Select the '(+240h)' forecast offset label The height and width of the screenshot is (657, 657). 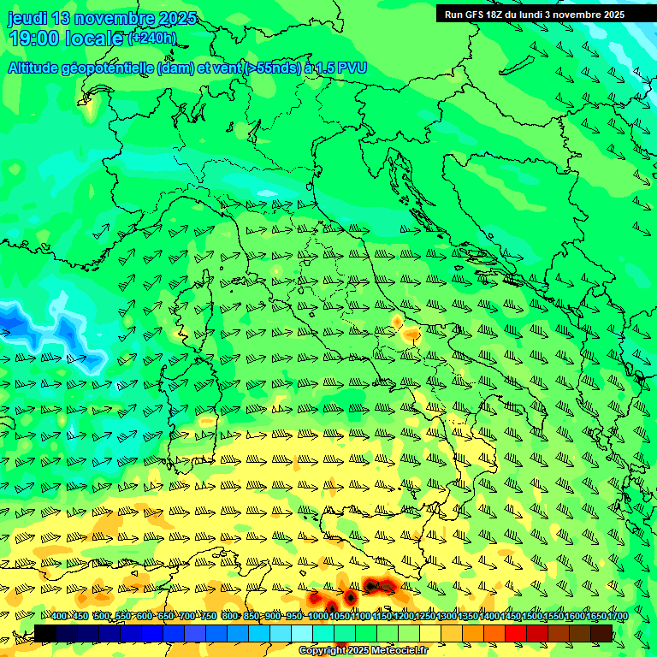pos(151,38)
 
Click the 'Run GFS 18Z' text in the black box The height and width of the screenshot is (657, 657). pos(476,15)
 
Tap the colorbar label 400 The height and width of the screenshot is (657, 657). pos(59,617)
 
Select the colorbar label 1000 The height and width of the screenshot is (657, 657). pos(317,617)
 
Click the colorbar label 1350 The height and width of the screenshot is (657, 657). pos(468,617)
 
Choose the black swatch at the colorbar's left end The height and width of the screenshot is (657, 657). pos(44,633)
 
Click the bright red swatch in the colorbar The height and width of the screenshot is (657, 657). pos(516,633)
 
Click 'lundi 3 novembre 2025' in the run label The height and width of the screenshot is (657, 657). pos(571,15)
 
